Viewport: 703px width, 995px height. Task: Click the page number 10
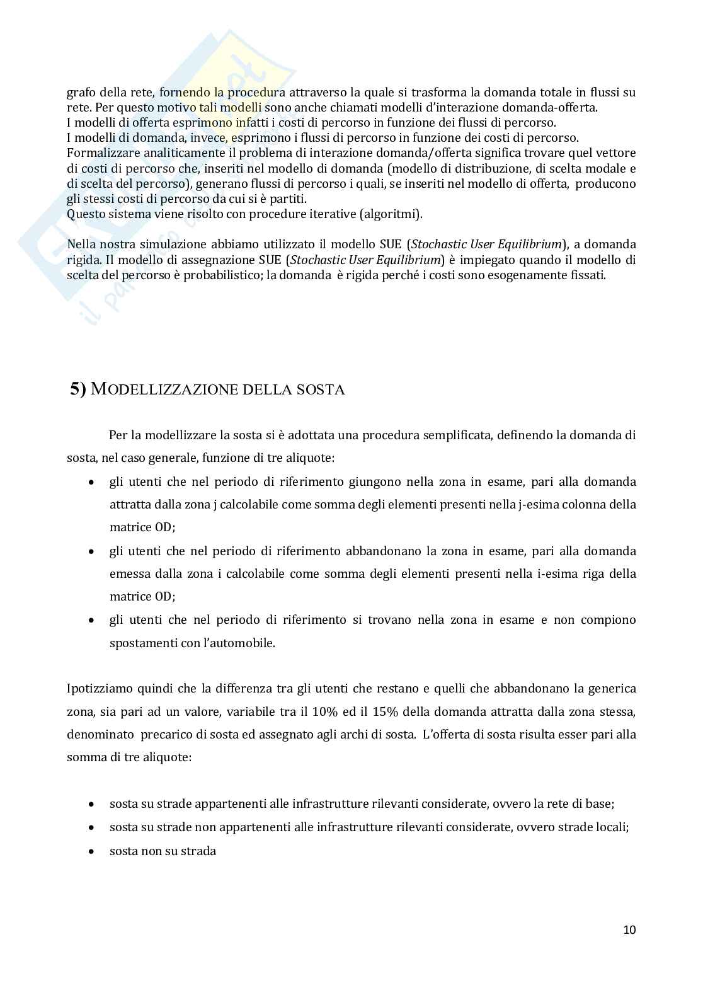point(629,929)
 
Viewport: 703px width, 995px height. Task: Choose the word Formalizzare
point(101,152)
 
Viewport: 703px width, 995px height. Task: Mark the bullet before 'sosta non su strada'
point(93,851)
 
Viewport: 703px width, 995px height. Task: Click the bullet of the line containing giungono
point(93,482)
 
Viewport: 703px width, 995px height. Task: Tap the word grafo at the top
point(80,92)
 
